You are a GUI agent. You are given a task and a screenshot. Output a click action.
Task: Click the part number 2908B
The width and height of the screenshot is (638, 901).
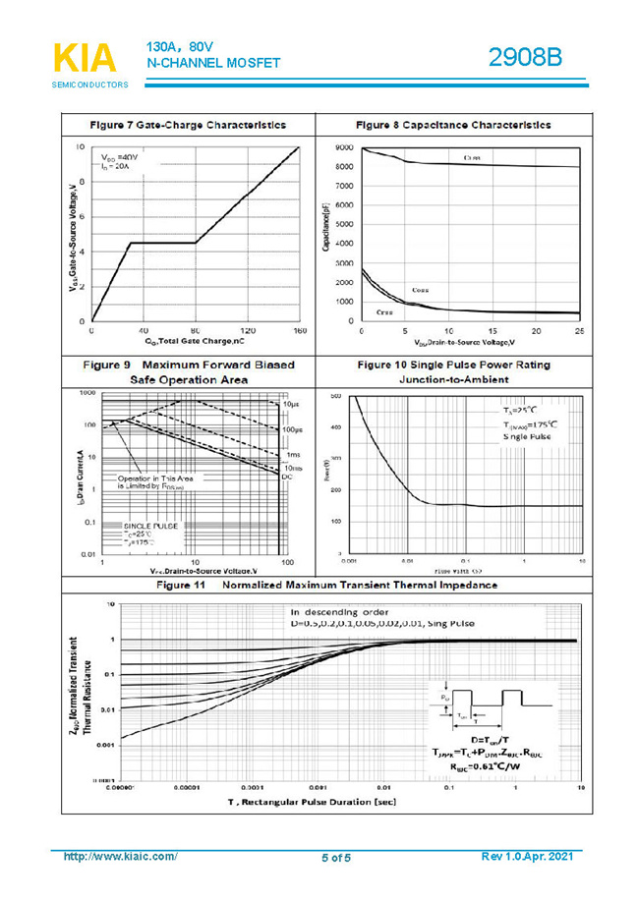pos(525,57)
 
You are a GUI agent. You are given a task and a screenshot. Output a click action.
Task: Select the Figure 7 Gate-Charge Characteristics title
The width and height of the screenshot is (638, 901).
pos(188,125)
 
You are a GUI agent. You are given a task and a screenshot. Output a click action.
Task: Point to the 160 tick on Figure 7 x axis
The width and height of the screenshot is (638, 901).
pos(300,331)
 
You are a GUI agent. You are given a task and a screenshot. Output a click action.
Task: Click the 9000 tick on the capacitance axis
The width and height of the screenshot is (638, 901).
pos(343,147)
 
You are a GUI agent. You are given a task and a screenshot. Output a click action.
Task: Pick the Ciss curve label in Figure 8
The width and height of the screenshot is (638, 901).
pos(471,158)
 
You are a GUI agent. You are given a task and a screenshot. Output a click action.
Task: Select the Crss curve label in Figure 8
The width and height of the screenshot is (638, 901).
pos(385,311)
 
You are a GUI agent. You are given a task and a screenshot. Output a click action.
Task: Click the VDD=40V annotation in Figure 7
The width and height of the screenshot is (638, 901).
pos(120,157)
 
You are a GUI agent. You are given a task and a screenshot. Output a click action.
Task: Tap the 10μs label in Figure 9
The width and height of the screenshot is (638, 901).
pos(291,405)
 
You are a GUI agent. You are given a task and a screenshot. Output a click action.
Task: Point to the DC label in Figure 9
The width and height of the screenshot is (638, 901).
pos(287,477)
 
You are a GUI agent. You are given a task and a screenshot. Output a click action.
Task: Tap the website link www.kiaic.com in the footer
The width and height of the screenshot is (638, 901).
pos(120,857)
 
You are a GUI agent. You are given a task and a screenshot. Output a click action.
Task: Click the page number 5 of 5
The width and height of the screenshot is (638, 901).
pos(335,858)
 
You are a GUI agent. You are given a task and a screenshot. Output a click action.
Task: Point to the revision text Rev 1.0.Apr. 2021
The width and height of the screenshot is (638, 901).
pos(527,857)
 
